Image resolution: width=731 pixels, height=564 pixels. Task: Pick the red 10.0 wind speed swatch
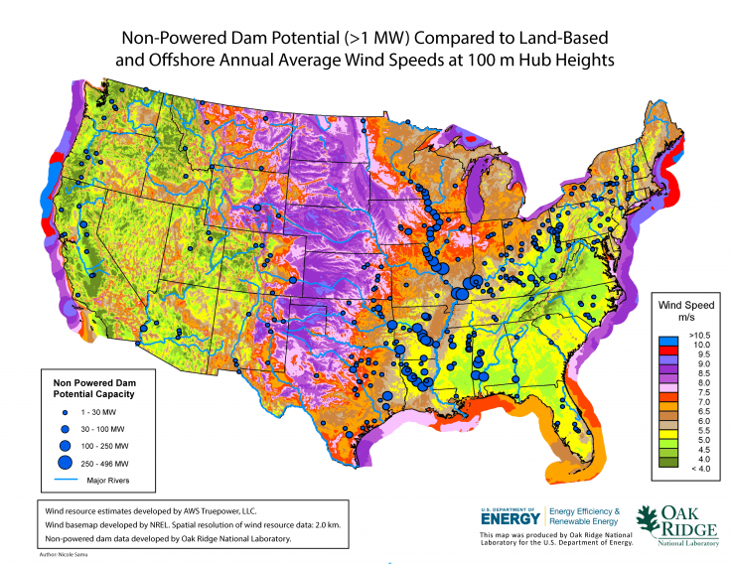pos(666,345)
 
